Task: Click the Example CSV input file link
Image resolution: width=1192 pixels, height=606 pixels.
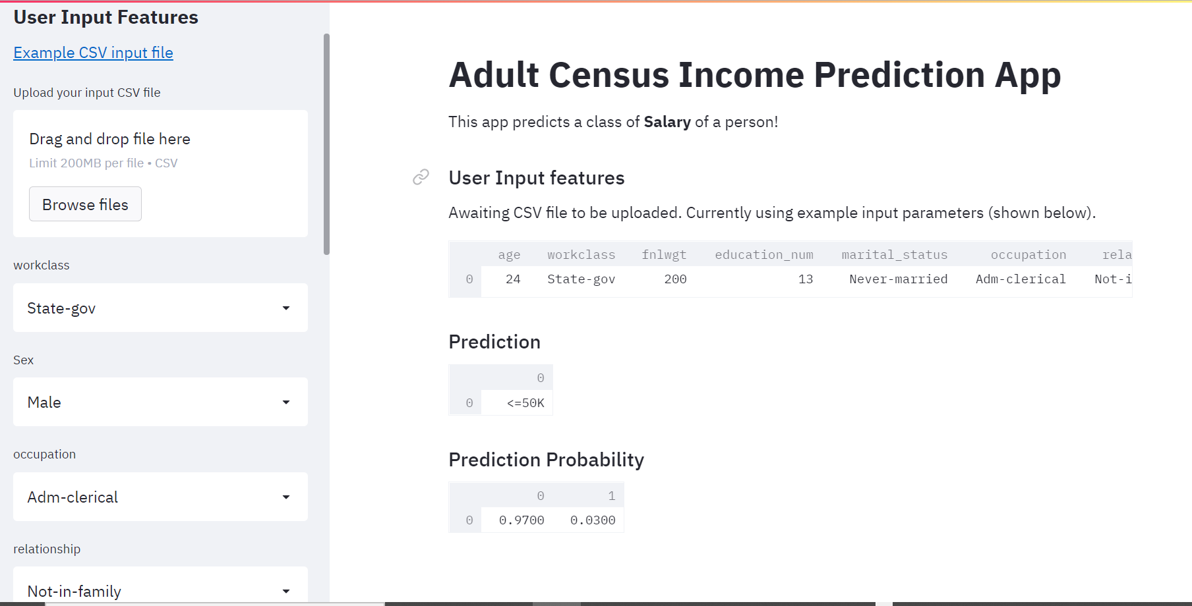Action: coord(93,53)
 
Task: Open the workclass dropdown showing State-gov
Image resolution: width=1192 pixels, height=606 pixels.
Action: coord(160,308)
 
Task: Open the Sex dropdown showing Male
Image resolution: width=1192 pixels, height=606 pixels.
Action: coord(160,402)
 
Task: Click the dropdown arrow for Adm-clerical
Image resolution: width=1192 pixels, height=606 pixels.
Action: coord(286,497)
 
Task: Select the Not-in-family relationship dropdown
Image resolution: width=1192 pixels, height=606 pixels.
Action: coord(160,590)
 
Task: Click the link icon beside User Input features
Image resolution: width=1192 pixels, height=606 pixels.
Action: coord(421,177)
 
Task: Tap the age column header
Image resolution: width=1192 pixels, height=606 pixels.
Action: coord(509,255)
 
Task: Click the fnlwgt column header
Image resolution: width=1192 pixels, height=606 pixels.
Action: coord(664,255)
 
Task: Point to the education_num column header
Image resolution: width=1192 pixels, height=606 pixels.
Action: coord(763,255)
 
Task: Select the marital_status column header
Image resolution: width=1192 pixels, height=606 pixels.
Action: coord(894,255)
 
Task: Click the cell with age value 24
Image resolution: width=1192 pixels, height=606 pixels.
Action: coord(513,279)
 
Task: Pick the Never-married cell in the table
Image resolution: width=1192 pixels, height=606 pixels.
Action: coord(898,279)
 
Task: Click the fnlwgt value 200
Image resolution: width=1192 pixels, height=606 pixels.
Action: coord(675,279)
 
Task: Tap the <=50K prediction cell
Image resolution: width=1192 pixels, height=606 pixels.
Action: coord(525,403)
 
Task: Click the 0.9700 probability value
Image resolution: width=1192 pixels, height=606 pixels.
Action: coord(521,520)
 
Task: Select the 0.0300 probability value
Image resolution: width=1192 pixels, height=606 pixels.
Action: coord(593,520)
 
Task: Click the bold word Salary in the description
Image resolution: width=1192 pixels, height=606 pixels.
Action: coord(667,122)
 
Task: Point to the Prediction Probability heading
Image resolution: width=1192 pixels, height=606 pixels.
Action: coord(546,460)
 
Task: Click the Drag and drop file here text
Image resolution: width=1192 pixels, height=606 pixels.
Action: coord(109,139)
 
